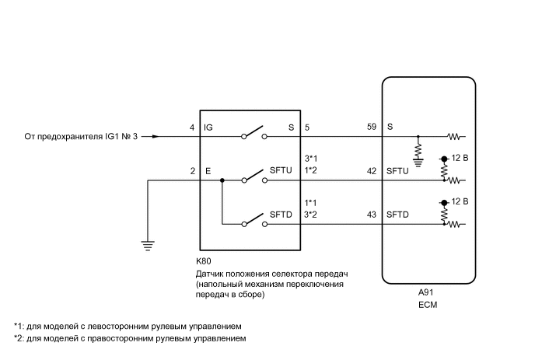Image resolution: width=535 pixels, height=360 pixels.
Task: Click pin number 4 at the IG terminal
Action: pos(191,127)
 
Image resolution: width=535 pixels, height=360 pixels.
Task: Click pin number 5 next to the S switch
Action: pos(308,127)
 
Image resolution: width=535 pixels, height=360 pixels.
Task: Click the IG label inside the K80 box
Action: pos(208,127)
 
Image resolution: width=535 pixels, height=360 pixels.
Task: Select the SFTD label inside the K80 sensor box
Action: pos(281,215)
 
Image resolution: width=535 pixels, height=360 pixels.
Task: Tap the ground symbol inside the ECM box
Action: pos(418,163)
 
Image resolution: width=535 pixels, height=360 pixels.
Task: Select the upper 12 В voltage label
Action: pos(460,159)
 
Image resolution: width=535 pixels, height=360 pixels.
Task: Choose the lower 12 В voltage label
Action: pos(460,202)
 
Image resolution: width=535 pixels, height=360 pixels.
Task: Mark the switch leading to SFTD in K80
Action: pos(254,221)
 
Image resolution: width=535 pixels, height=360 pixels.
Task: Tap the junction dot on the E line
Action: pos(222,180)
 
